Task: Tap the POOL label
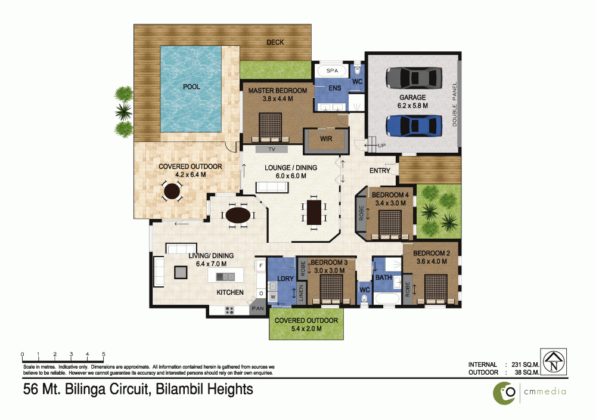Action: [191, 87]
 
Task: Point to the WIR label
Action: [325, 138]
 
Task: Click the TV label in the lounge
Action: [271, 149]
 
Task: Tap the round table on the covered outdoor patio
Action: [172, 191]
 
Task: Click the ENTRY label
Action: [380, 171]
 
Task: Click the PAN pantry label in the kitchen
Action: [257, 308]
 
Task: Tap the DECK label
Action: [275, 42]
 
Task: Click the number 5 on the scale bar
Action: [104, 353]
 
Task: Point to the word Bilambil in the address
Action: [178, 390]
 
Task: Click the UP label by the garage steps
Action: [381, 145]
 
